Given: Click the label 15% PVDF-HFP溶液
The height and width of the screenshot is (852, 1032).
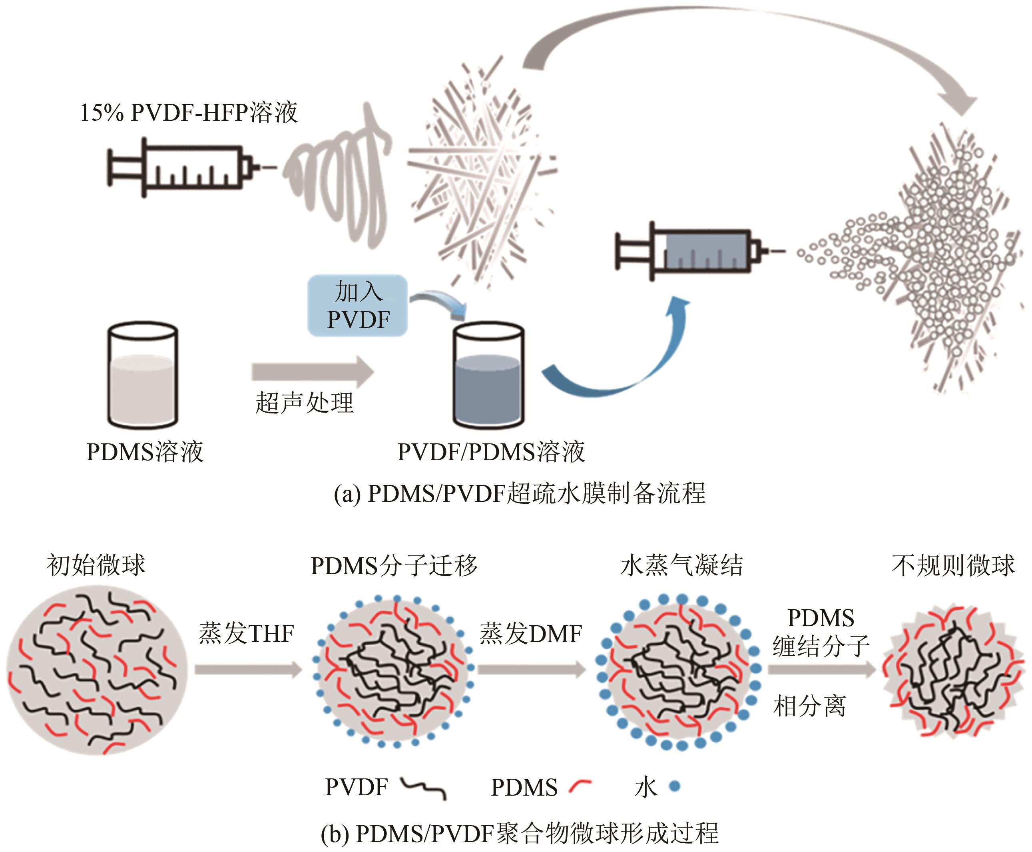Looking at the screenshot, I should pos(188,112).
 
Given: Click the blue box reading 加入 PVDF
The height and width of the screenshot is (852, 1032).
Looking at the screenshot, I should pos(358,305).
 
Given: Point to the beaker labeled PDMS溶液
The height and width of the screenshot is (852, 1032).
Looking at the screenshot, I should pos(143,375).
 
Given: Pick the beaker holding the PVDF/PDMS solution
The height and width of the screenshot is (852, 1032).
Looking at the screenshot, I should pos(488,375).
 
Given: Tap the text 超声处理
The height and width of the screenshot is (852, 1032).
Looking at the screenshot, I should pos(305,403).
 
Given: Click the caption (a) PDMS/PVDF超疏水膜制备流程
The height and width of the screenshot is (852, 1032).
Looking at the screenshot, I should pos(519,493).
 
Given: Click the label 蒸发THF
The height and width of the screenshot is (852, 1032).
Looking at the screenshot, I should pos(246,633).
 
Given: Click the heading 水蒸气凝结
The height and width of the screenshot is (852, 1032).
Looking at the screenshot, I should pos(681,565).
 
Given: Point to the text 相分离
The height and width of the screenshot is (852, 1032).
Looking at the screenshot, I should pos(809,707).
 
